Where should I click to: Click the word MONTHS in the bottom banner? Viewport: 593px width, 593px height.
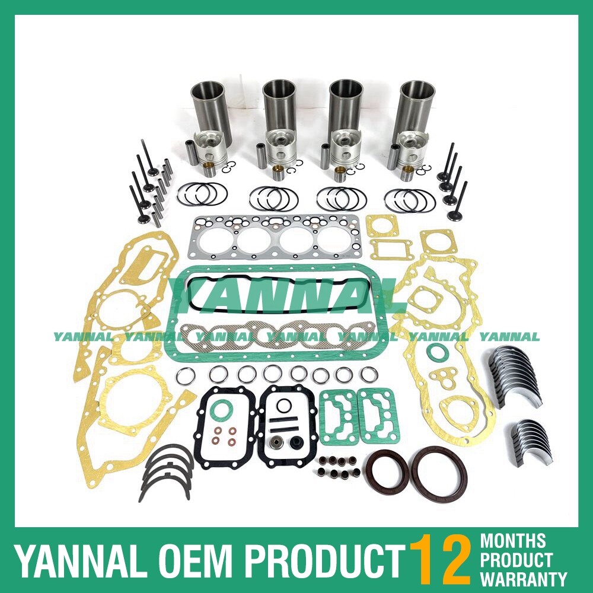tap(513, 541)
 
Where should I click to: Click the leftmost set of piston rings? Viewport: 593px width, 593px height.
tap(202, 194)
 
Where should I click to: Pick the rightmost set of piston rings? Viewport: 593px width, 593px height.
tap(410, 200)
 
